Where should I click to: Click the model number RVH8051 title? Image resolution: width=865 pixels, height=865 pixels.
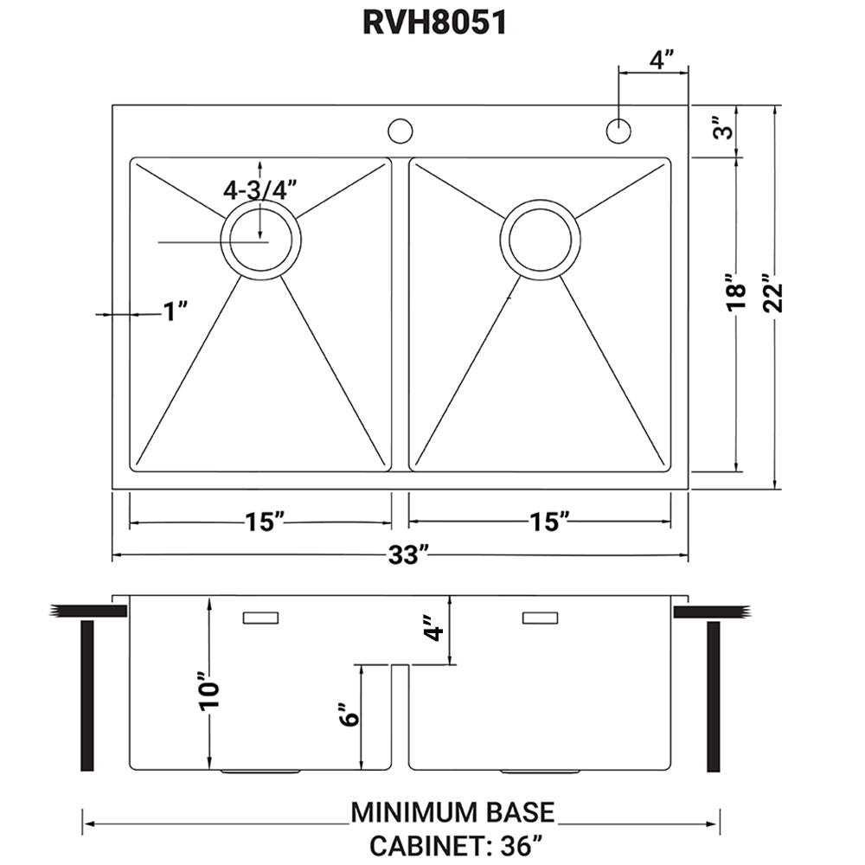tap(433, 23)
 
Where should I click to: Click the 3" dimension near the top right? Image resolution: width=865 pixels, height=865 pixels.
tap(726, 131)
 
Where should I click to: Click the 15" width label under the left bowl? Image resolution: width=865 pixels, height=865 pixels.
tap(265, 522)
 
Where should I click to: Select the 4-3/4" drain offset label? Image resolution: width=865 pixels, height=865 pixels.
tap(259, 189)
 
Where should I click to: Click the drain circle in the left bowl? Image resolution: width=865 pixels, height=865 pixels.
tap(261, 240)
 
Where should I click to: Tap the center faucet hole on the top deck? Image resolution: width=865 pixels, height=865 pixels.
tap(400, 131)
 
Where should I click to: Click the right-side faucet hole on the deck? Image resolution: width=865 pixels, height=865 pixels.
tap(618, 131)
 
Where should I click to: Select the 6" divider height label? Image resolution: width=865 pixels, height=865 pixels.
tap(348, 714)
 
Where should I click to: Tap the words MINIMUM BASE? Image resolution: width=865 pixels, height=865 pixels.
tap(452, 812)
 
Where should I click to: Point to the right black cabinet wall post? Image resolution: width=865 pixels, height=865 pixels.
tap(714, 695)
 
